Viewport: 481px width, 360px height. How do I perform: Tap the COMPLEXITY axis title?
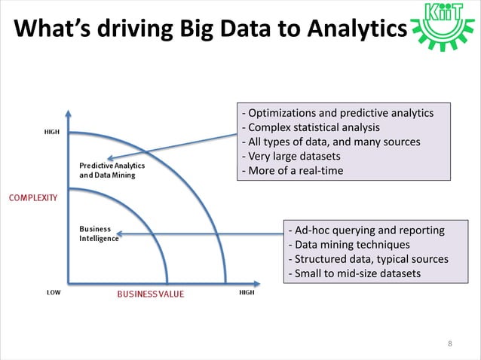coord(32,197)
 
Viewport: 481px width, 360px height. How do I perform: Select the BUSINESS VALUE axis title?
coord(149,294)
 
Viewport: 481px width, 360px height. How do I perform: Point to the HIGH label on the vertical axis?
coord(52,132)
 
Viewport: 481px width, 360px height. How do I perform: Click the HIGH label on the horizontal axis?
coord(246,292)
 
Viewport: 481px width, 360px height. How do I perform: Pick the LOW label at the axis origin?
coord(54,292)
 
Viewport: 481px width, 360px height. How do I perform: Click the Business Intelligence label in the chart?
coord(99,233)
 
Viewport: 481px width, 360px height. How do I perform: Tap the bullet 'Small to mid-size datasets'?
coord(354,273)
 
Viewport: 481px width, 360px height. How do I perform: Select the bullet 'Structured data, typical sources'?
coord(368,259)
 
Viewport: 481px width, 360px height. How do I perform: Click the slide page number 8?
coord(450,344)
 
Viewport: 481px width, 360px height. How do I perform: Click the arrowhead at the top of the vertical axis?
coord(69,115)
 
